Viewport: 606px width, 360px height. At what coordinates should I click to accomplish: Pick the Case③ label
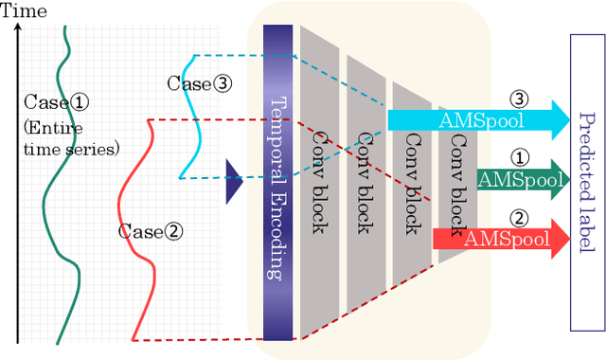point(199,83)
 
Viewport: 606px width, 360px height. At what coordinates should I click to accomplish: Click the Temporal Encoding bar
point(278,180)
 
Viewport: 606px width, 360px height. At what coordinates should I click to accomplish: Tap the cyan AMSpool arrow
point(473,119)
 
